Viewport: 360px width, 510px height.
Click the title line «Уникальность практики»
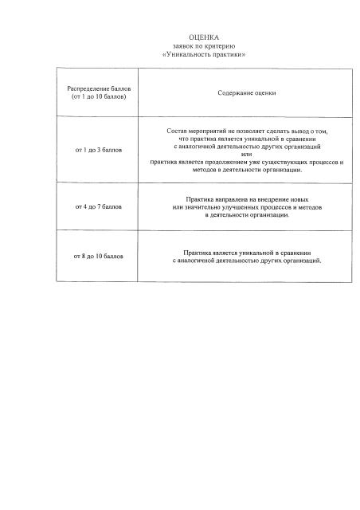point(202,54)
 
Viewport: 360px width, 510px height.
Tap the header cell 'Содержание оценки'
point(247,93)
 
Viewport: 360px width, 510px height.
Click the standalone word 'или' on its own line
point(247,155)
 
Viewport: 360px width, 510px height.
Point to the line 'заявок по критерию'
point(202,46)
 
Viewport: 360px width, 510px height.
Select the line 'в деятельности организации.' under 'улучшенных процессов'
point(247,215)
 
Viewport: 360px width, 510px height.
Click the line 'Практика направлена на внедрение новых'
point(247,198)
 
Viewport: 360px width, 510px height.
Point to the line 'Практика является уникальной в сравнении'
point(247,252)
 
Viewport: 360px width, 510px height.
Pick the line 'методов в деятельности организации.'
point(247,171)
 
